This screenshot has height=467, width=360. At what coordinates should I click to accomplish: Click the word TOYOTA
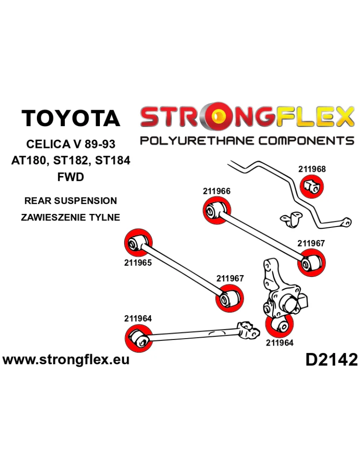[x=71, y=118]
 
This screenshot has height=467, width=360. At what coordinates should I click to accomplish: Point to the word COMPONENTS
[x=304, y=140]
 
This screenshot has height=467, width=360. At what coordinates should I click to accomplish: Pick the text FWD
[x=71, y=177]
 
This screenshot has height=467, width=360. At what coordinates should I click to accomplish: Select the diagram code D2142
[x=332, y=359]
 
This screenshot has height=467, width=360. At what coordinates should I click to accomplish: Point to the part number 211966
[x=217, y=191]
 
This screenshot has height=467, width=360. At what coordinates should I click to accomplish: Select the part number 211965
[x=138, y=262]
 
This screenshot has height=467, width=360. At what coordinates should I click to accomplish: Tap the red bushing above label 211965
[x=139, y=242]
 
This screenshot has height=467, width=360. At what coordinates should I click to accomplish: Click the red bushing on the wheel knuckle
[x=279, y=326]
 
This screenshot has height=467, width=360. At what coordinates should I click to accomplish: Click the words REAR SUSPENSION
[x=71, y=201]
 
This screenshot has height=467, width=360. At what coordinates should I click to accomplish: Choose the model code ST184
[x=112, y=161]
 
